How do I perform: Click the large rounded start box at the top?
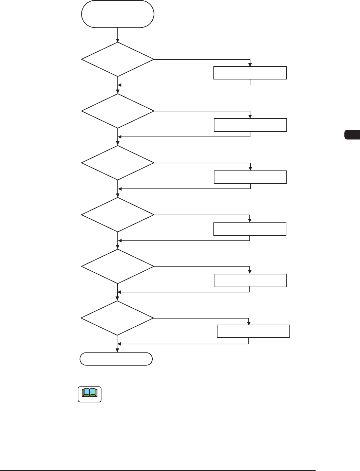[x=118, y=14]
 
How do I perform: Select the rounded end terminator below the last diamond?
[x=116, y=359]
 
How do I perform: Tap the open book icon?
[x=90, y=394]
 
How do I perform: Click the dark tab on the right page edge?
[x=352, y=134]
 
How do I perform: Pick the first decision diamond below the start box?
[x=118, y=59]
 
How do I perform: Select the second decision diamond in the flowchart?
[x=118, y=111]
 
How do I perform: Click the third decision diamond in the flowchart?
[x=118, y=163]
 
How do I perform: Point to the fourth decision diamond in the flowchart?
[x=118, y=215]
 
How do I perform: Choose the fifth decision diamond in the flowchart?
[x=118, y=267]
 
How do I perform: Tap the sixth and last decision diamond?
[x=117, y=318]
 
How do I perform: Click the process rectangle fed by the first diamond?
[x=250, y=73]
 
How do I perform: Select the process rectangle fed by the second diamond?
[x=250, y=125]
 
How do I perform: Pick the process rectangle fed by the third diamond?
[x=250, y=177]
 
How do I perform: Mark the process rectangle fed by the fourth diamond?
[x=250, y=229]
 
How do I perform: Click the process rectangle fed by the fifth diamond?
[x=250, y=280]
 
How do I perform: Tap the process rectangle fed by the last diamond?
[x=253, y=331]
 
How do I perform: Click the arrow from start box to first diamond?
[x=118, y=35]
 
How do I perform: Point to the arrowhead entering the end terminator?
[x=117, y=350]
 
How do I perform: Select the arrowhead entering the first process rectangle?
[x=250, y=65]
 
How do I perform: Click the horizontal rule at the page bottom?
[x=158, y=470]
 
